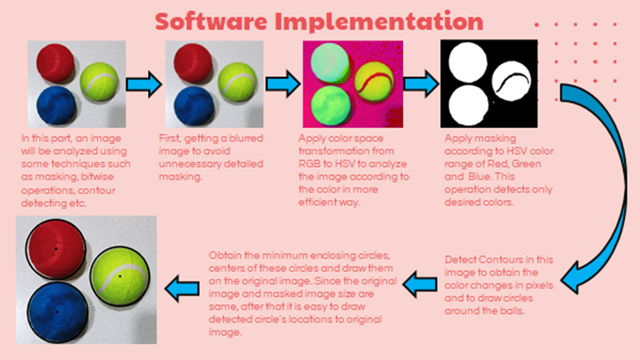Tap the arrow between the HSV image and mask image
click(420, 83)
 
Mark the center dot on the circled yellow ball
click(120, 277)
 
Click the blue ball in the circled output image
click(57, 312)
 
